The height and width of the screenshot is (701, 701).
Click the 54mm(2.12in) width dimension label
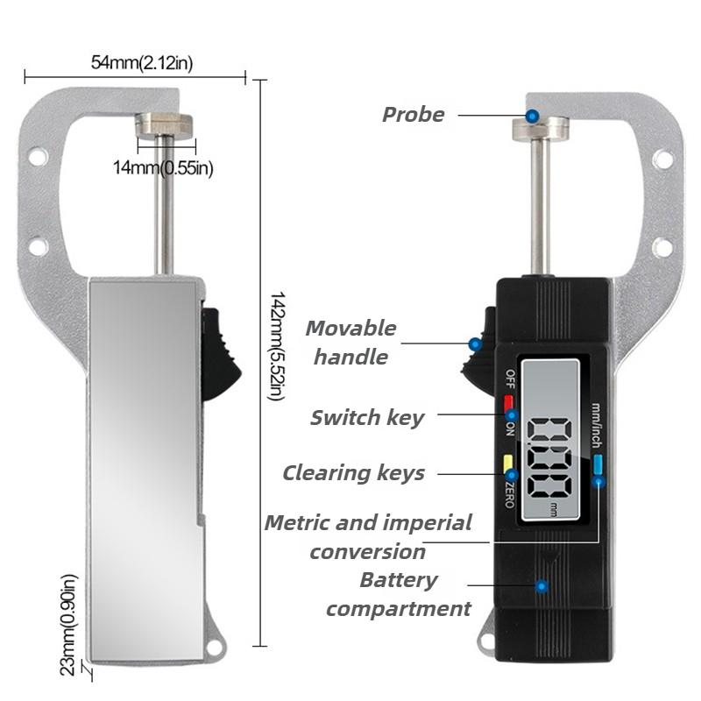[142, 62]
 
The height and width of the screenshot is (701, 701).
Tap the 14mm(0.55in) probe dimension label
[163, 168]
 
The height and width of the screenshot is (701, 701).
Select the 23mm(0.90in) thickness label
[69, 625]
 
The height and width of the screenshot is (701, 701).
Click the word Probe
[414, 115]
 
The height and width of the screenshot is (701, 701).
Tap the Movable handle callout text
[351, 343]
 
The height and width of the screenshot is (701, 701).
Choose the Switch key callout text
[367, 418]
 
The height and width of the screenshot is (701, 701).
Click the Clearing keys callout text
[354, 473]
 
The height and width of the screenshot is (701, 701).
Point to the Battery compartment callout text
[399, 594]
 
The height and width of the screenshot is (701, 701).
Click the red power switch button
[508, 403]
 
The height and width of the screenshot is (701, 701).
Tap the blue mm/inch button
[598, 464]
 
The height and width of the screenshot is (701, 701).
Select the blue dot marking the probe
[532, 117]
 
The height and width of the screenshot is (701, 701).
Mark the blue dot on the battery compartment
[542, 586]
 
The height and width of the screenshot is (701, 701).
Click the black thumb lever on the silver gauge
[220, 353]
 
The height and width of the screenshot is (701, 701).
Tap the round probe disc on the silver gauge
[164, 124]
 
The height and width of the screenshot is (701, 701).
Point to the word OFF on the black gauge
[510, 379]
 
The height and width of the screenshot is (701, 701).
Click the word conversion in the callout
[367, 552]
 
